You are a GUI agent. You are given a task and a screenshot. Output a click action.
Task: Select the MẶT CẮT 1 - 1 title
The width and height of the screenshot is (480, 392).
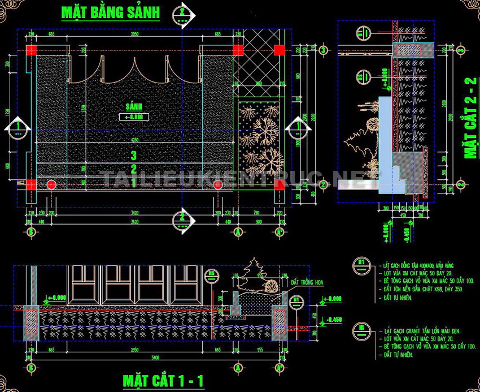coord(164,380)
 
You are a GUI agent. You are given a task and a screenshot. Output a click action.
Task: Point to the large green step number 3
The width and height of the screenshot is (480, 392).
coord(134,155)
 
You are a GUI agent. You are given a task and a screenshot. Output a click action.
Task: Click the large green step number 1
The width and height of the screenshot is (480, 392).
coord(134,182)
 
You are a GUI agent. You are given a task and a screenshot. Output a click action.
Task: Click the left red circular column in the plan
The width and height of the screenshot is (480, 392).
coord(51,184)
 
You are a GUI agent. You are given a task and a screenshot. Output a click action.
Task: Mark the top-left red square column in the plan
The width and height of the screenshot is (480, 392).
coord(31,50)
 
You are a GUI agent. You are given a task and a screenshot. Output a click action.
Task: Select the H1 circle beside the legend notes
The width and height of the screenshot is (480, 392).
coord(360,262)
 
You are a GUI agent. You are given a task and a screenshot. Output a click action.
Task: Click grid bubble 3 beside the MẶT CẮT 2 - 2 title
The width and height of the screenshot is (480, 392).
coord(460,50)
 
